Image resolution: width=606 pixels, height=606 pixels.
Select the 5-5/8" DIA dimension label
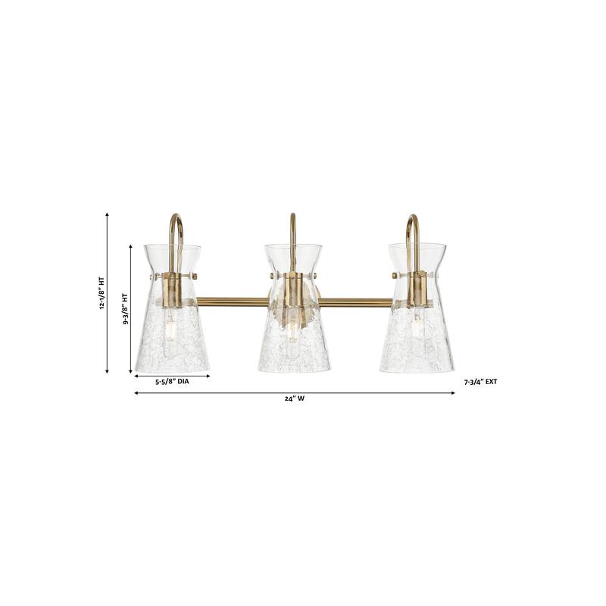click(x=172, y=382)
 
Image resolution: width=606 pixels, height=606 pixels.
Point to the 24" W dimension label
click(x=295, y=399)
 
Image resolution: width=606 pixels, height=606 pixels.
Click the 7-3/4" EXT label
click(x=480, y=383)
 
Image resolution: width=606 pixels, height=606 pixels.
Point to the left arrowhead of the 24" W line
click(x=136, y=393)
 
